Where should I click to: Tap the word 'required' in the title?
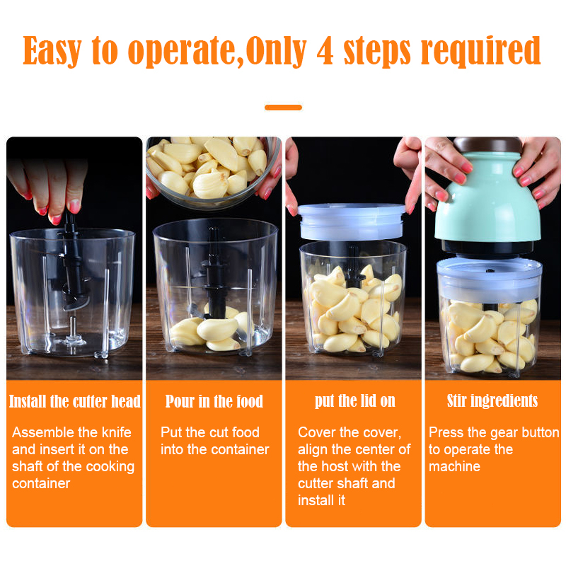point(481,51)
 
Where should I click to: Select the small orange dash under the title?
point(283,108)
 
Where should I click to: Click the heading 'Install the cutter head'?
point(74,402)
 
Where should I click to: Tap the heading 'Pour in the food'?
point(214,402)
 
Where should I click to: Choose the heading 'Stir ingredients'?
point(492,402)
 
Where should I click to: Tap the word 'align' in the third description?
point(313,449)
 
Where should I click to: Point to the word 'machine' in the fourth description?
point(454,466)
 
